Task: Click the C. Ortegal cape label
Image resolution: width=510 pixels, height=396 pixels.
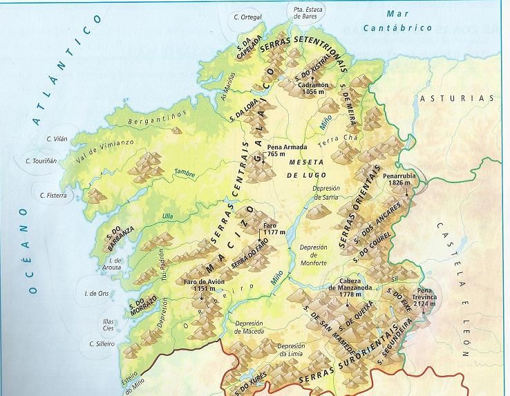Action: pos(247,17)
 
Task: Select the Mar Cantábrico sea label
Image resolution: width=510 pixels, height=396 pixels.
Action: pos(408,21)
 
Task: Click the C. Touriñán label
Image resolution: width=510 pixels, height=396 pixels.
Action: pos(41,161)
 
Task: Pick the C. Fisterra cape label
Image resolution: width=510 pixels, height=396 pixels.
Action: pos(52,196)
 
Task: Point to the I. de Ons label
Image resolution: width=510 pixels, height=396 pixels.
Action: pos(95,294)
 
